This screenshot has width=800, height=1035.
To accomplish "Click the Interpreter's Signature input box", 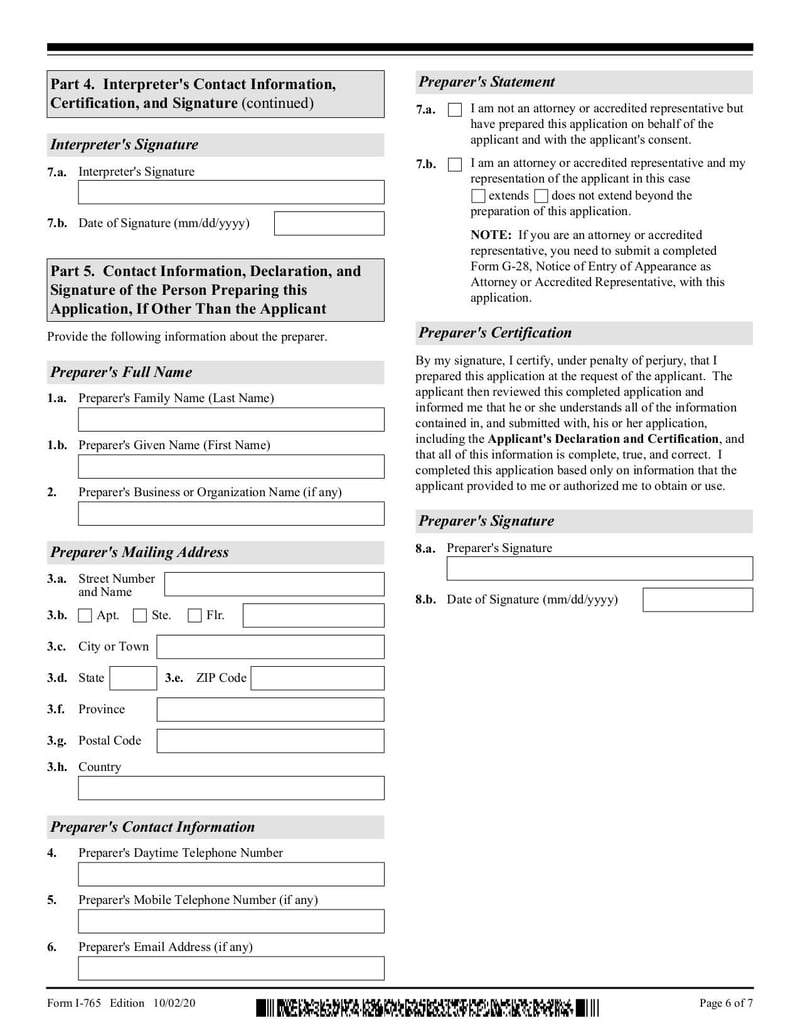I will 231,192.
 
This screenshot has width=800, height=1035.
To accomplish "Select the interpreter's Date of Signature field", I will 329,223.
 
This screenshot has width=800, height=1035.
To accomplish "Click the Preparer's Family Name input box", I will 231,419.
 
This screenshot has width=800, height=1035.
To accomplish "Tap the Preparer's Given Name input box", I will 231,466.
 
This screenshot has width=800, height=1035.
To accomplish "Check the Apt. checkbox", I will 85,616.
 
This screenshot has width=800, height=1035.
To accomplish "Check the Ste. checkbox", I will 140,616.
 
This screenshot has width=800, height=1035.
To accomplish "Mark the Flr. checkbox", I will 195,616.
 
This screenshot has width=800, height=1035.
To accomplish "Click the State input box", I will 133,678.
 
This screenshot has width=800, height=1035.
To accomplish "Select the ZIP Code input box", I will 317,678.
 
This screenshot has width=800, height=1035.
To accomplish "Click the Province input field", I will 270,710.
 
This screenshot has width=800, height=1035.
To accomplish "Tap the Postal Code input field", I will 270,741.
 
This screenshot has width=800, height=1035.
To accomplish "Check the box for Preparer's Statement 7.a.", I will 455,109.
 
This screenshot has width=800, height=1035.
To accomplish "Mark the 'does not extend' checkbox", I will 541,196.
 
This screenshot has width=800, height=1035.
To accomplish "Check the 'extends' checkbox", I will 478,196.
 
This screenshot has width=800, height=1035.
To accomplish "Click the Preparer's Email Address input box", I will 231,968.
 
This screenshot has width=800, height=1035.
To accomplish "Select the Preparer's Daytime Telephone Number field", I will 231,874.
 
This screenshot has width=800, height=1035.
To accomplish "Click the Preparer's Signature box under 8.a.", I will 599,569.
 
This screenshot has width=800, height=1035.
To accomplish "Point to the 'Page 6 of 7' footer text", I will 725,1003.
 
